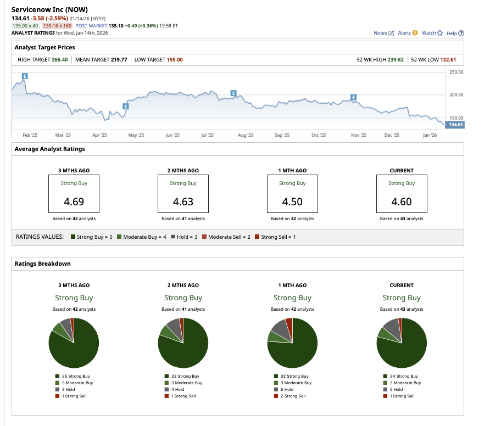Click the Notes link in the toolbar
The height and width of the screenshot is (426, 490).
(x=383, y=33)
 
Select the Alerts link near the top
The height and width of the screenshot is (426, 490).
(x=407, y=33)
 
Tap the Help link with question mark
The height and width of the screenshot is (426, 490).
(x=455, y=33)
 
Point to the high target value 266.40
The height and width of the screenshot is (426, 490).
(x=59, y=60)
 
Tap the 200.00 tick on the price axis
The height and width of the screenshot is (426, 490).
(x=456, y=95)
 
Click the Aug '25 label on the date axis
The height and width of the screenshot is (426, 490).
(x=246, y=135)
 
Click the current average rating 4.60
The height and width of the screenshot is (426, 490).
(x=402, y=201)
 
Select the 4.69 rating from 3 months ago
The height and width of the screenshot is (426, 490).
(x=74, y=201)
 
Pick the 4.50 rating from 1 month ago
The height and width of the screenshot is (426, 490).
(x=292, y=201)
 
